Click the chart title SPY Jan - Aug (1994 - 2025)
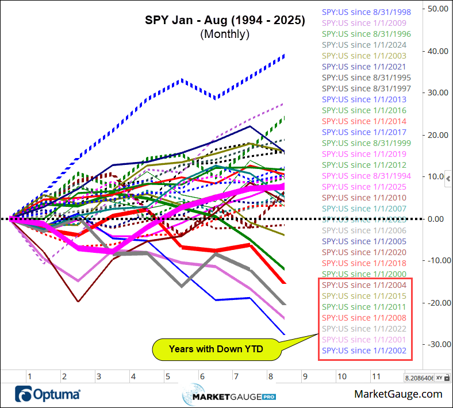[x=224, y=20]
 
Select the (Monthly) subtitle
[x=224, y=34]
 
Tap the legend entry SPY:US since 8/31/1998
[x=366, y=12]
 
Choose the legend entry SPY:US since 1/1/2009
[x=366, y=23]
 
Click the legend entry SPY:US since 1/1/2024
[x=366, y=45]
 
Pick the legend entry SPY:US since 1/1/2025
[x=366, y=187]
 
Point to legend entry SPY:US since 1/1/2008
[x=366, y=318]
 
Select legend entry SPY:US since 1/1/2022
[x=366, y=329]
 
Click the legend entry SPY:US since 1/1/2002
[x=366, y=351]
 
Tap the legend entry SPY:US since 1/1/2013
[x=366, y=99]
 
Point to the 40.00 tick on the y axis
[x=437, y=51]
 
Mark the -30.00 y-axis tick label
[x=436, y=344]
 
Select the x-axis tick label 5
[x=167, y=377]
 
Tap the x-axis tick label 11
[x=376, y=377]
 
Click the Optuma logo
[x=48, y=395]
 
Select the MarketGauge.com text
[x=398, y=394]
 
